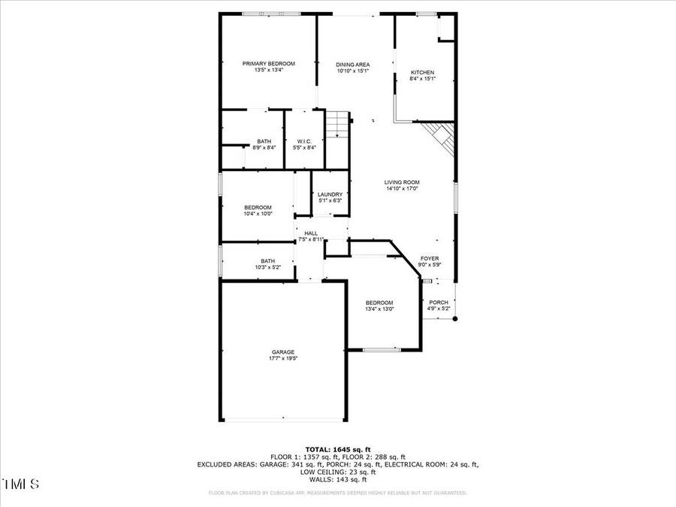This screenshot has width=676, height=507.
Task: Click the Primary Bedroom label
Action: pyautogui.click(x=268, y=64)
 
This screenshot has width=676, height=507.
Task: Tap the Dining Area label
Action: pyautogui.click(x=352, y=65)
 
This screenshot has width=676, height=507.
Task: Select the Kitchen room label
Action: pyautogui.click(x=422, y=73)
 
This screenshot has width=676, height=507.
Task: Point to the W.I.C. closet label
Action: pyautogui.click(x=304, y=141)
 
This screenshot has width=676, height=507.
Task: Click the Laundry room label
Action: pyautogui.click(x=330, y=195)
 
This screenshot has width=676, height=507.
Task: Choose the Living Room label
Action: pyautogui.click(x=402, y=183)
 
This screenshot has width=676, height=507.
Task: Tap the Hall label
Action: pyautogui.click(x=311, y=234)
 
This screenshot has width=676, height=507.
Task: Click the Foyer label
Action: pyautogui.click(x=430, y=258)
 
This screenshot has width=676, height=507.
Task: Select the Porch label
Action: pyautogui.click(x=439, y=303)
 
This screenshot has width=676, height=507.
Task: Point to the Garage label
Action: pyautogui.click(x=283, y=352)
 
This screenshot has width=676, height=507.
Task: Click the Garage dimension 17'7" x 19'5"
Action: pyautogui.click(x=283, y=358)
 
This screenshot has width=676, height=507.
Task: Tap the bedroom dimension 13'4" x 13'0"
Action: pyautogui.click(x=379, y=309)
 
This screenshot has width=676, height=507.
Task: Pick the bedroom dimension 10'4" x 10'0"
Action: pyautogui.click(x=258, y=214)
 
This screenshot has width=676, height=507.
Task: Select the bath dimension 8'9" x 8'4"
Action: pyautogui.click(x=264, y=147)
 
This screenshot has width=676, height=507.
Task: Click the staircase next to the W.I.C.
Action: pyautogui.click(x=339, y=124)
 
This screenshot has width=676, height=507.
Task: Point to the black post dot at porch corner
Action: pyautogui.click(x=454, y=318)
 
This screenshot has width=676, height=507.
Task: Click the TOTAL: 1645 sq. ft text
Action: pyautogui.click(x=338, y=449)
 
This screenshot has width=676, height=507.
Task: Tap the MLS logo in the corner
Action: pyautogui.click(x=20, y=484)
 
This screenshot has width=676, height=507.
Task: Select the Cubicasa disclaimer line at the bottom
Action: pyautogui.click(x=338, y=493)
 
